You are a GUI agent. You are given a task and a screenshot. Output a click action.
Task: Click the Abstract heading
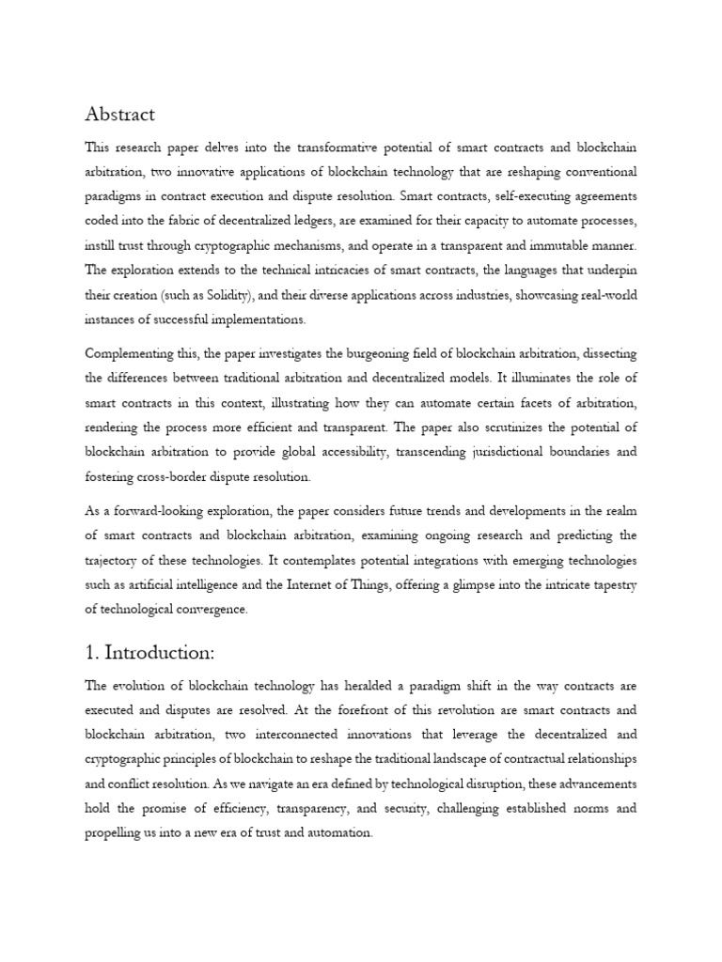[120, 115]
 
